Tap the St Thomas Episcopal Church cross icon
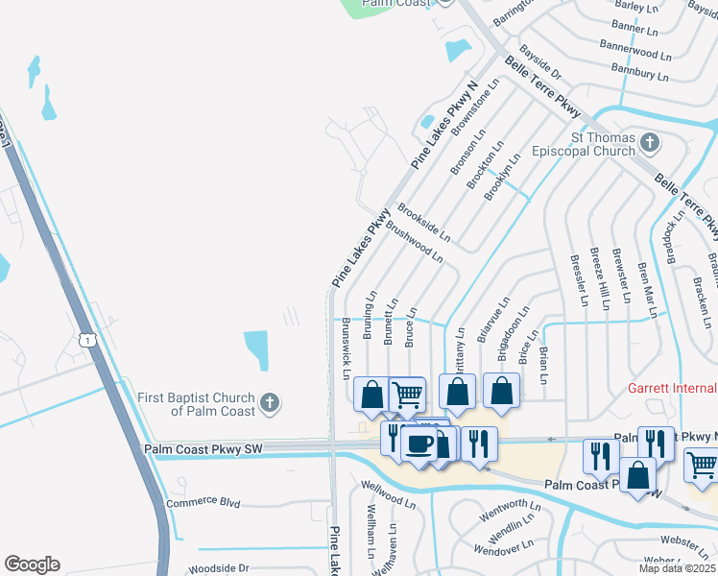[650, 144]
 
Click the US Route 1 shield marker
[87, 340]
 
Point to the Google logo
[32, 564]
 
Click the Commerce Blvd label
[203, 502]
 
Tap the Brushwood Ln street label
[414, 245]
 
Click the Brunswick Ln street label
[345, 343]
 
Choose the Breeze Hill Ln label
[601, 279]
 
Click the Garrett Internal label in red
[672, 388]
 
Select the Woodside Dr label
[218, 568]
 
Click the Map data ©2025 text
[678, 568]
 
